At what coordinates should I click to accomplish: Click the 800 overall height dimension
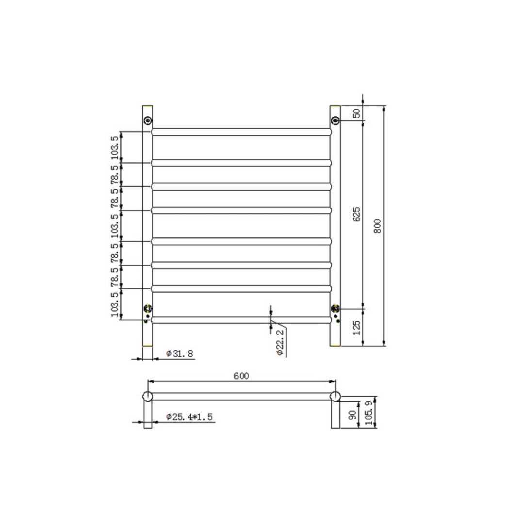[x=378, y=226]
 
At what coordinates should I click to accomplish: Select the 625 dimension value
[x=357, y=214]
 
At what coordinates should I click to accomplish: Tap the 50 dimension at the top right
[x=357, y=113]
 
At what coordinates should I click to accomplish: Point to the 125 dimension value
[x=357, y=327]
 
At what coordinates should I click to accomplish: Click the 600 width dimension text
[x=241, y=376]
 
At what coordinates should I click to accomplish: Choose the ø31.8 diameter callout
[x=179, y=354]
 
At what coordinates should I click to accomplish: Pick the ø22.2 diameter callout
[x=280, y=342]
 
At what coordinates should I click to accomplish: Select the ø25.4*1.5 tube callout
[x=189, y=417]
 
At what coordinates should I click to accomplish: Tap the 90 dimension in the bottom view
[x=353, y=415]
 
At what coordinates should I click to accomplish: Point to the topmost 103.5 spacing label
[x=115, y=147]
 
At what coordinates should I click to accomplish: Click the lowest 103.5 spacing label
[x=115, y=304]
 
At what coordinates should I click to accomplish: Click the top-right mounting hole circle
[x=335, y=120]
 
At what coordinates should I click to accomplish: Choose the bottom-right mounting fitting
[x=335, y=308]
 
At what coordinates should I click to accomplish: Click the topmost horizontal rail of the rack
[x=241, y=131]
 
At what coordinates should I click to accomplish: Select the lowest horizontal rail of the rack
[x=241, y=320]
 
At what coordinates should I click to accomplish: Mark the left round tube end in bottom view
[x=147, y=396]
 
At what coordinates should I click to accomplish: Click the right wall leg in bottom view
[x=335, y=415]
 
